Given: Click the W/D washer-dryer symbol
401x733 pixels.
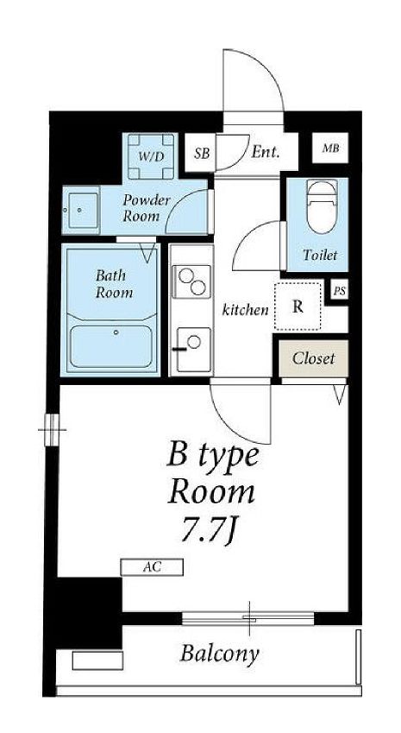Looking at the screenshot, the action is click(151, 156).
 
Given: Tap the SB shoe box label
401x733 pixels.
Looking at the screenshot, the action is click(202, 154).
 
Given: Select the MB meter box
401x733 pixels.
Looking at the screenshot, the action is click(330, 148).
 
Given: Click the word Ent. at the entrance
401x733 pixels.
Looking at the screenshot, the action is click(265, 152).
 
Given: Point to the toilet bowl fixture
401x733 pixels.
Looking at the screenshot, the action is click(321, 205).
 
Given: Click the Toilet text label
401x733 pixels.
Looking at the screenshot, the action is click(320, 256).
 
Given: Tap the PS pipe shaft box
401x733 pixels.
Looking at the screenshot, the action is click(340, 291).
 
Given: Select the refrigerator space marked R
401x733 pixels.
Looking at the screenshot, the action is click(298, 306).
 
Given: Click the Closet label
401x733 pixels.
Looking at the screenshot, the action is click(314, 358).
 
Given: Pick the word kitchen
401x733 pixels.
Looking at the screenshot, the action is click(245, 309).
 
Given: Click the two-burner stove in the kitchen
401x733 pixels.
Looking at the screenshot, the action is click(191, 281).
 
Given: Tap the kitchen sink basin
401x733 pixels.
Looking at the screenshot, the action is click(194, 349).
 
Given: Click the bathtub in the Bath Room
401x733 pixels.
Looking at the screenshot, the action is click(111, 346).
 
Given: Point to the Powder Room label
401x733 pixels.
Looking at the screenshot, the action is click(146, 208).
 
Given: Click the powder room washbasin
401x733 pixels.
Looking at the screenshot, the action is click(82, 211).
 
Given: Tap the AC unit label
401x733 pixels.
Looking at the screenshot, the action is click(152, 567).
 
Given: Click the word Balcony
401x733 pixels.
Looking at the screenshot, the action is click(219, 654).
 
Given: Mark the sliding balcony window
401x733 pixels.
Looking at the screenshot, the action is click(247, 618).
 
